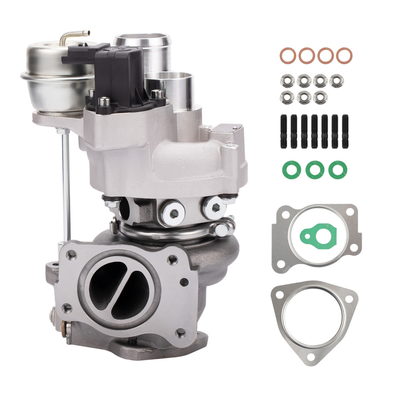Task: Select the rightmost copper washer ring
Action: click(344, 55)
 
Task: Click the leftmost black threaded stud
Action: click(284, 131)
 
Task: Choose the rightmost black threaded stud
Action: click(345, 131)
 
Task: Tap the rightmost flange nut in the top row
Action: click(337, 81)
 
